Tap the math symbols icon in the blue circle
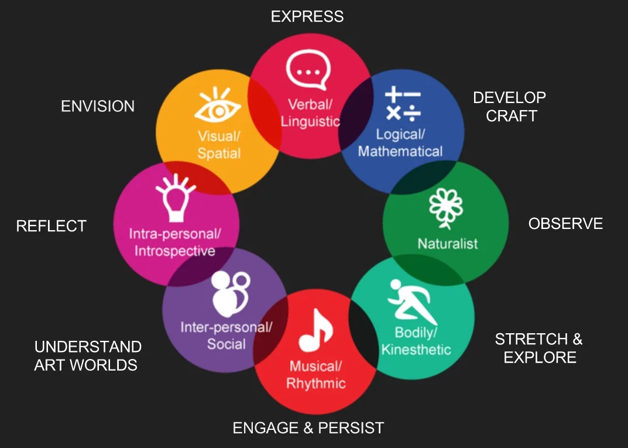tap(403, 104)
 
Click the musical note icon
tap(316, 331)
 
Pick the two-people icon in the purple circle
tap(226, 293)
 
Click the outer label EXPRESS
tap(307, 16)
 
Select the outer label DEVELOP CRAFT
tap(510, 107)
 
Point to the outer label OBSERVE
tap(565, 223)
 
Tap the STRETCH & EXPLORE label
tap(539, 348)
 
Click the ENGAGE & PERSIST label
tap(308, 428)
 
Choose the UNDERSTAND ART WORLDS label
tap(88, 355)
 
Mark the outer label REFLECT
tap(52, 226)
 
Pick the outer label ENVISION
tap(98, 106)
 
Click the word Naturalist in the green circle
tap(448, 243)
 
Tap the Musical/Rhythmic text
tap(316, 375)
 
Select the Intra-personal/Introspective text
tap(175, 242)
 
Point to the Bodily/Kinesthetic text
tap(416, 341)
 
